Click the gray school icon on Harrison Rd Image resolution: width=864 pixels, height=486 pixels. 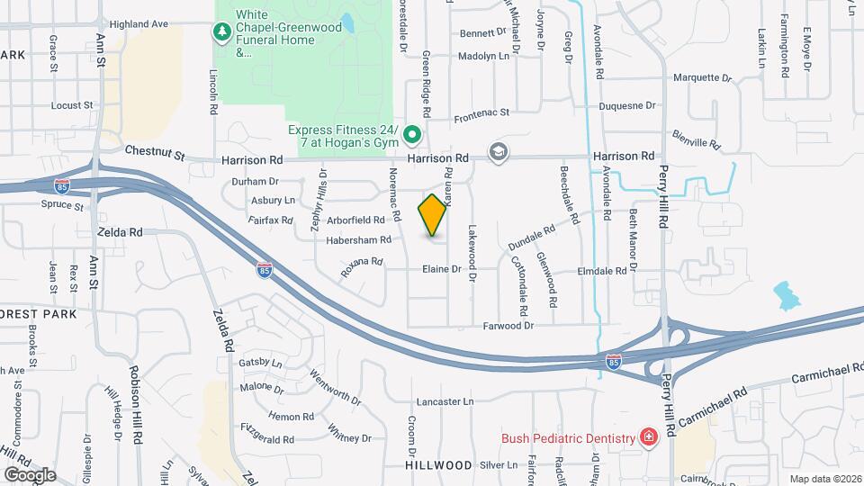click(498, 152)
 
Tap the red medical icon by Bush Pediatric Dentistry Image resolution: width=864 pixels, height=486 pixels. click(648, 437)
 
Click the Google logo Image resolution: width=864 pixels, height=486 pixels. click(30, 474)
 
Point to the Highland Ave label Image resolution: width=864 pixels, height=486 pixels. click(140, 24)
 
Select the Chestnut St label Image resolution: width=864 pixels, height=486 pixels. click(155, 154)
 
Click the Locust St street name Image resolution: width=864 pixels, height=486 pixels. click(72, 105)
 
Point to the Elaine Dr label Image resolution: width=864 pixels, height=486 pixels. click(442, 269)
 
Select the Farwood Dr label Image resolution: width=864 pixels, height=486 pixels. click(508, 326)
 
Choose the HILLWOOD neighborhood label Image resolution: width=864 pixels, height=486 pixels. click(438, 465)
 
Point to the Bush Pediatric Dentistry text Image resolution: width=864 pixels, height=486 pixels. click(569, 438)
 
